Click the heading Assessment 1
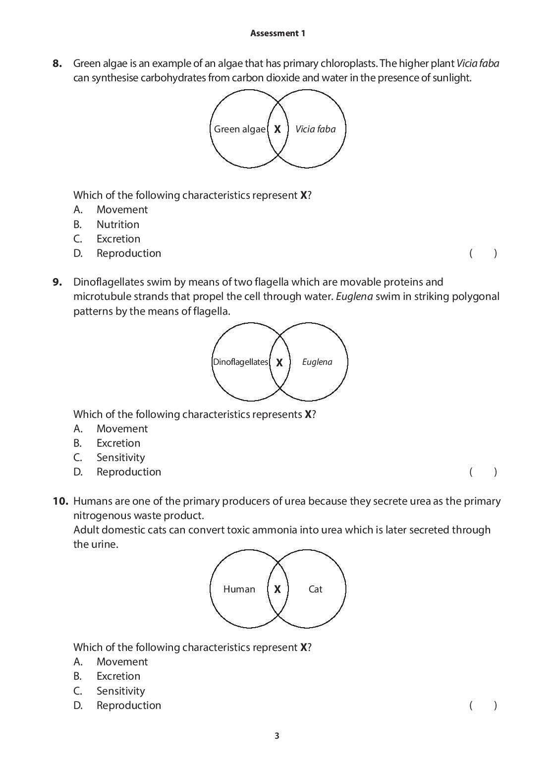coord(278,33)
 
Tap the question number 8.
coord(57,63)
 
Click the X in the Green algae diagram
coord(278,129)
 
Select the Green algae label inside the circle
coord(240,129)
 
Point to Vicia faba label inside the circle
coord(315,129)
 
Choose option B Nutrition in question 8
coord(117,225)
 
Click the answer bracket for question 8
coord(483,253)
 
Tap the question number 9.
coord(57,282)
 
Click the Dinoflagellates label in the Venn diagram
coord(240,362)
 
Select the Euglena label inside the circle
coord(317,362)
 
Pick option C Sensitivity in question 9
coord(120,458)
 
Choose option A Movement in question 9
coord(122,429)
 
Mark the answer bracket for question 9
coord(483,472)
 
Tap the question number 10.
coord(60,501)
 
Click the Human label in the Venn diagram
coord(239,589)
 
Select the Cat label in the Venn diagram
coord(315,589)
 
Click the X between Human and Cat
coord(278,589)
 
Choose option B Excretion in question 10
coord(118,676)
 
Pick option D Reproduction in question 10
coord(128,705)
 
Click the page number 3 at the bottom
coord(277,736)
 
